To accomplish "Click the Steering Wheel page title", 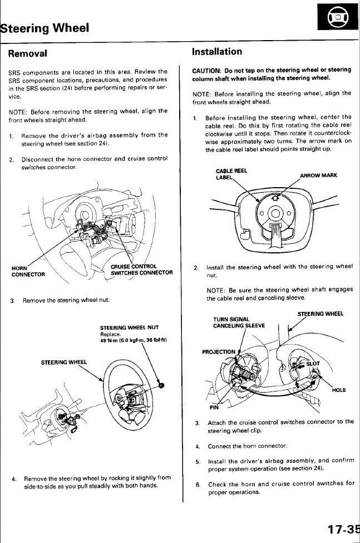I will tap(45, 28).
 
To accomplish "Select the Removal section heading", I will tap(27, 53).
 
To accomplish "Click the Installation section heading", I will tap(217, 52).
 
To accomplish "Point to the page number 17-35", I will tap(340, 529).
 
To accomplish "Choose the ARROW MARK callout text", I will tap(318, 175).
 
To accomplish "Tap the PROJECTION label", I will tap(219, 352).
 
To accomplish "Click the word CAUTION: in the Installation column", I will tap(207, 70).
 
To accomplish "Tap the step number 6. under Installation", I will tap(198, 484).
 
